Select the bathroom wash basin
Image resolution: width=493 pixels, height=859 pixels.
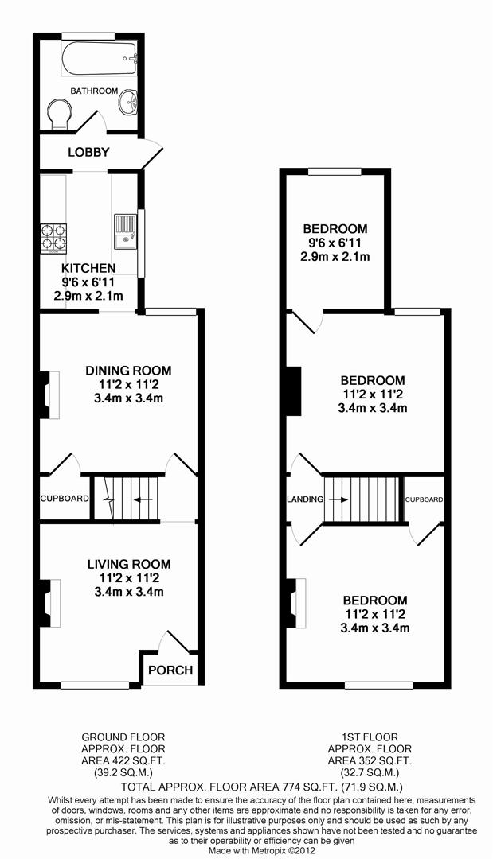click(x=128, y=103)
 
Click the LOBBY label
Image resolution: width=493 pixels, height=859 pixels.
click(x=88, y=152)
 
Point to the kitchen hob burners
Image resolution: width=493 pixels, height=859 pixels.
click(x=53, y=234)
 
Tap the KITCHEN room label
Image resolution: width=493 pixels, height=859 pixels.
click(x=88, y=268)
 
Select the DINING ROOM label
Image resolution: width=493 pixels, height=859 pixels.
click(x=128, y=371)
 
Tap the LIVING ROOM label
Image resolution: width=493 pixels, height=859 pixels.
click(x=128, y=564)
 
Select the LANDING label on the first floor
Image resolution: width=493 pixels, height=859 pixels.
click(x=305, y=499)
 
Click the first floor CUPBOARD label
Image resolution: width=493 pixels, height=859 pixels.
click(x=424, y=499)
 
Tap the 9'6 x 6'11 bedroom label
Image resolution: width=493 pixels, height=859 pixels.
click(x=335, y=243)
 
